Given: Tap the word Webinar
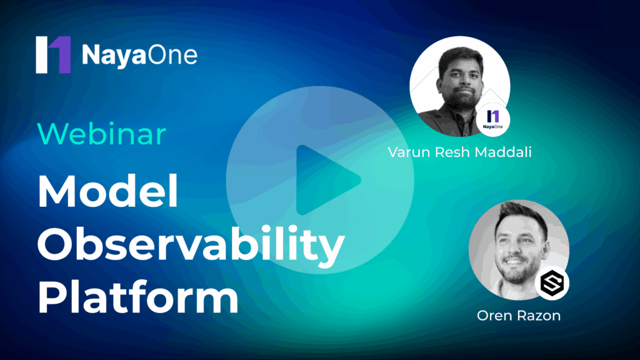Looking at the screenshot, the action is click(102, 134).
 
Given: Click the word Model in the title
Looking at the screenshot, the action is click(107, 191).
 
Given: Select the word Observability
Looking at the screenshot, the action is click(191, 244).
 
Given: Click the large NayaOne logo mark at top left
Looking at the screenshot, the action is click(53, 55).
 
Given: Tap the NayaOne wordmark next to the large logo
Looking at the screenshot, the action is click(139, 55).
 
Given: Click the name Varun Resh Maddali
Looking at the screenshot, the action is click(459, 152).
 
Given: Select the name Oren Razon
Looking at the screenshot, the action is click(519, 316).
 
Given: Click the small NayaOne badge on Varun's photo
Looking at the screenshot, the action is click(492, 119).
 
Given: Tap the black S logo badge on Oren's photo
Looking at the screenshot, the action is click(552, 283).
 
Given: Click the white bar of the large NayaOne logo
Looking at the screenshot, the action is click(42, 55).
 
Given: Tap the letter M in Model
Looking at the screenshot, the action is click(56, 191).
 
